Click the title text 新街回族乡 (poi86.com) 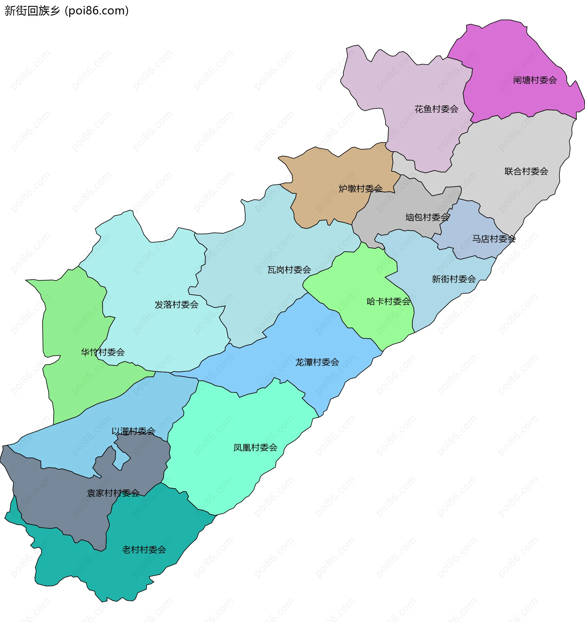click(x=66, y=11)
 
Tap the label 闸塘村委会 click(x=535, y=80)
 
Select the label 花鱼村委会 click(x=436, y=109)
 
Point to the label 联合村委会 click(x=526, y=171)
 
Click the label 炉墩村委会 click(x=360, y=189)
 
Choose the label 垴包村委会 click(x=427, y=217)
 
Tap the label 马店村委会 click(x=494, y=239)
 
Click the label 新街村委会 click(x=454, y=279)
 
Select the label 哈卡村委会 click(x=388, y=302)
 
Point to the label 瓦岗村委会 click(x=289, y=270)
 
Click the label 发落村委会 click(x=176, y=305)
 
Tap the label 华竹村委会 click(x=103, y=353)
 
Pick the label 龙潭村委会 click(x=317, y=362)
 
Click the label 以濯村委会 click(x=133, y=431)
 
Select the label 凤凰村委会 click(x=255, y=448)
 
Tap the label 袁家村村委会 click(x=113, y=493)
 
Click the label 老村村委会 click(x=144, y=550)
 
